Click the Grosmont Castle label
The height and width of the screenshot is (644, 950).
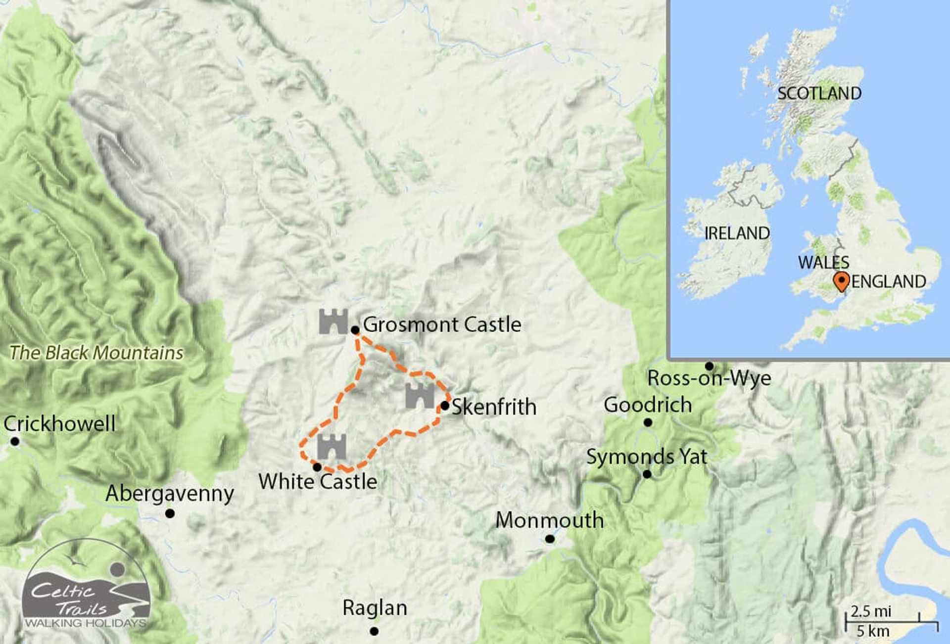(x=442, y=325)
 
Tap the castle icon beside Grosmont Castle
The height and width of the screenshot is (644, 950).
(x=333, y=322)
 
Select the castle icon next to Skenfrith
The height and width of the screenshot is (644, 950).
(x=420, y=396)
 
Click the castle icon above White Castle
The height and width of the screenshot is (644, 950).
(x=332, y=447)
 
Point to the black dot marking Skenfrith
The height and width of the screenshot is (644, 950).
(x=444, y=406)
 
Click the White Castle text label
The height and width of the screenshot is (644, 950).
(x=318, y=481)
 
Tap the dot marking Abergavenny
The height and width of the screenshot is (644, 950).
(x=170, y=514)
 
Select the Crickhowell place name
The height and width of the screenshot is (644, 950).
(x=59, y=424)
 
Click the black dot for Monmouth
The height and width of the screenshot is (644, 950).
(x=550, y=539)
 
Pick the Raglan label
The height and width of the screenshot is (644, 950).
(x=375, y=608)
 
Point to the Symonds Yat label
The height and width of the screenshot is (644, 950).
(x=646, y=457)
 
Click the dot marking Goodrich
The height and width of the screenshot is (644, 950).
(x=648, y=422)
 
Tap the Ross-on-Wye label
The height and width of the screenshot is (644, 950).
(x=709, y=378)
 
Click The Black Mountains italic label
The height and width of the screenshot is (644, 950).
(x=96, y=353)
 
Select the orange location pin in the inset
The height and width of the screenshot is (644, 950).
(x=841, y=281)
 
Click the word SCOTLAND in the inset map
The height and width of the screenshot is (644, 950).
(x=819, y=93)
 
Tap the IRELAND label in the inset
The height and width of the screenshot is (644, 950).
(x=737, y=233)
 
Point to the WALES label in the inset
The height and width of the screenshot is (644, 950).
(x=823, y=262)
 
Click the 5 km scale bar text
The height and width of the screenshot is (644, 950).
(x=873, y=631)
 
